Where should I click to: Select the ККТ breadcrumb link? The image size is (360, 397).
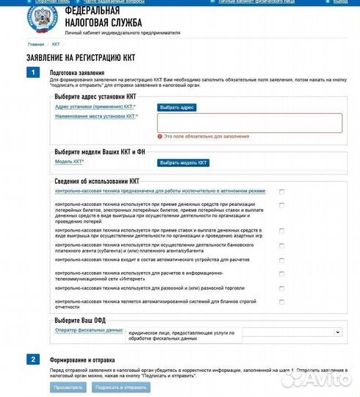56,44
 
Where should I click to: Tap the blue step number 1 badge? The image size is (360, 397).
32,72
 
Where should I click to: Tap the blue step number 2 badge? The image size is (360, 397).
32,359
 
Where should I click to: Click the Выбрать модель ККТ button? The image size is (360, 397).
184,162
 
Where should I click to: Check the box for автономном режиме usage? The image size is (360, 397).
281,191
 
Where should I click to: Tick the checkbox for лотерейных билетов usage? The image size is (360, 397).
281,205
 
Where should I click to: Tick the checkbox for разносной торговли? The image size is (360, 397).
281,287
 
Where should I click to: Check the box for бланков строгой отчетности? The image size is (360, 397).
281,301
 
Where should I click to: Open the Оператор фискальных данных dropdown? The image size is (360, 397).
292,332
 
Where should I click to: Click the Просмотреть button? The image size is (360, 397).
68,387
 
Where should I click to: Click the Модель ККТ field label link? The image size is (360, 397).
69,162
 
